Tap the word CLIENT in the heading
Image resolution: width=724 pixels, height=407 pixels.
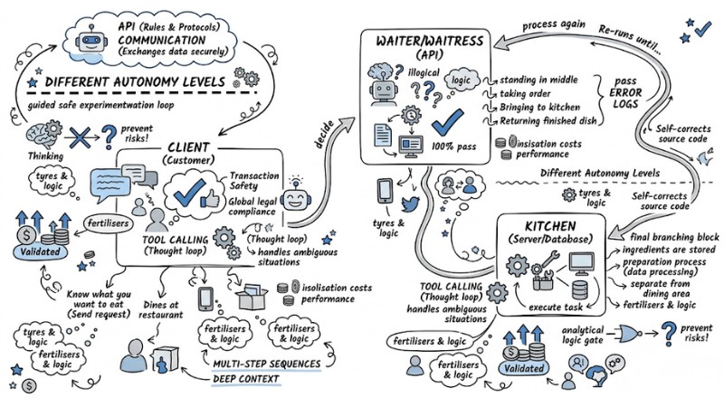(185, 147)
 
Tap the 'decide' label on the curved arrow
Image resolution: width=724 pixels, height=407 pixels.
(319, 131)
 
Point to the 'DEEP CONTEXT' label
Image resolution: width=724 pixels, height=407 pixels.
(247, 379)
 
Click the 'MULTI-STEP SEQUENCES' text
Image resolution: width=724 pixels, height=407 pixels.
(264, 364)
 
